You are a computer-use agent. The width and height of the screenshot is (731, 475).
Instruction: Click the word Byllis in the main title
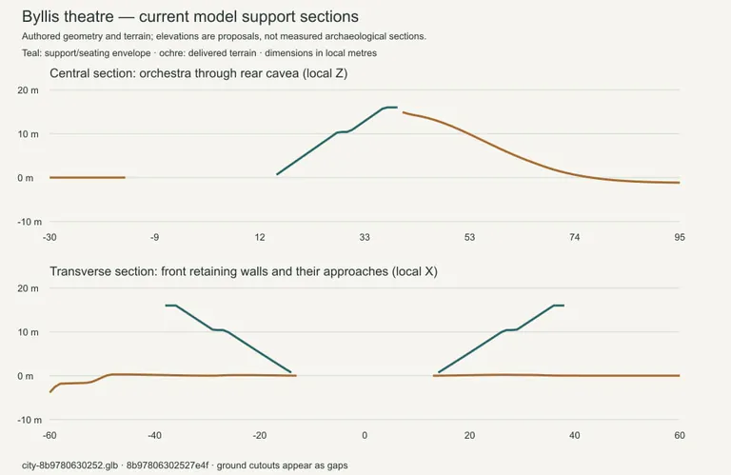(x=45, y=17)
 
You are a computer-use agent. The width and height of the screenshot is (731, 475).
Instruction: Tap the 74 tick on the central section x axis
(x=574, y=237)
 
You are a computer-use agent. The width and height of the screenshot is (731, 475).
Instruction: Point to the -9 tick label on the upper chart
(x=154, y=237)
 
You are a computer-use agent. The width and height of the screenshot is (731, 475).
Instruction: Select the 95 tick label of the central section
(x=680, y=237)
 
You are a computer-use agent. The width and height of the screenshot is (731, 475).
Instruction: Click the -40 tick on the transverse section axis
(x=154, y=435)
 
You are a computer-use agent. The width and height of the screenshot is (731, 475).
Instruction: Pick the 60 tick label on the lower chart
(x=680, y=435)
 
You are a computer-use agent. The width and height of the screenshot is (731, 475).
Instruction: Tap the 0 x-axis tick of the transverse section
(x=365, y=435)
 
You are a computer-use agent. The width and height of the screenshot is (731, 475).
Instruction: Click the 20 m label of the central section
(x=28, y=90)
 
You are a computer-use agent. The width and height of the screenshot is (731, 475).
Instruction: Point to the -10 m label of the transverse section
(x=30, y=420)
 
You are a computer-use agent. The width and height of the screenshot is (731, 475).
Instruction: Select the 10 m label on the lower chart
(x=28, y=332)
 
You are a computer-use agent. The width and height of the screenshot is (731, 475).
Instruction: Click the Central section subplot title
(x=199, y=73)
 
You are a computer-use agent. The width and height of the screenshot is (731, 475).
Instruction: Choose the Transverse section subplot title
(x=244, y=271)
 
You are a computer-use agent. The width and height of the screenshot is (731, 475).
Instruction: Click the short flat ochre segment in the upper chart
(x=88, y=178)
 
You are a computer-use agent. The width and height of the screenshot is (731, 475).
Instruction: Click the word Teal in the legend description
(x=30, y=53)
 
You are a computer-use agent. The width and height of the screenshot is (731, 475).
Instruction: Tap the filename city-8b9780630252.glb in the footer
(x=69, y=465)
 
